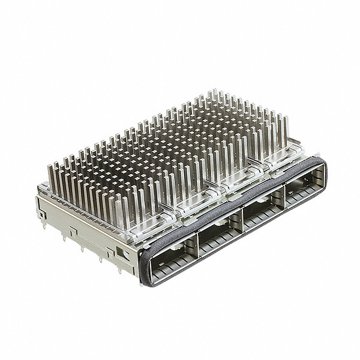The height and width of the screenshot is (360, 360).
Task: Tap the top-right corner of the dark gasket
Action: pyautogui.click(x=321, y=161)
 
